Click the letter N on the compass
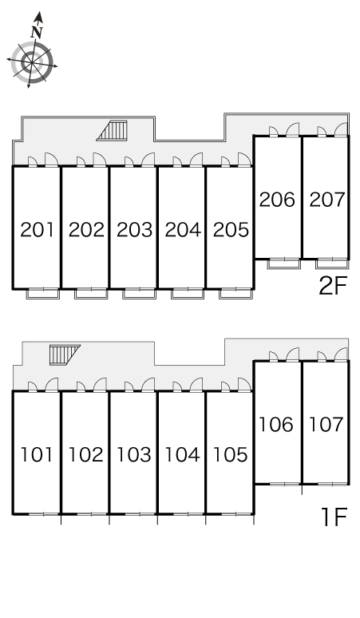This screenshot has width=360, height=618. click(x=37, y=31)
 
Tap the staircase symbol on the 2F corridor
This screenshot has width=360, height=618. click(x=113, y=130)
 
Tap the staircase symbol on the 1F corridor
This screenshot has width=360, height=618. click(x=64, y=355)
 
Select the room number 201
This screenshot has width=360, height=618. click(x=37, y=230)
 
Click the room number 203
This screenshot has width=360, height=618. click(x=134, y=230)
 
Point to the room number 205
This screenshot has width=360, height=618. click(x=231, y=230)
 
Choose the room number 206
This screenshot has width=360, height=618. click(x=277, y=200)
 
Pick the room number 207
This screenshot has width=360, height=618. click(x=327, y=200)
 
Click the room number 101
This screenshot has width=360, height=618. click(x=36, y=454)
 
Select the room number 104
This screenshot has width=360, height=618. click(x=182, y=454)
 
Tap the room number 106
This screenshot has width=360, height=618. click(x=276, y=425)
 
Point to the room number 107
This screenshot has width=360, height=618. click(x=326, y=425)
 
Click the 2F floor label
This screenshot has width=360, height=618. click(x=332, y=286)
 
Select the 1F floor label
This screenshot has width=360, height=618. click(x=334, y=517)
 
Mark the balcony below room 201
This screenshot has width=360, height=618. click(x=43, y=294)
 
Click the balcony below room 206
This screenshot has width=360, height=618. click(x=283, y=263)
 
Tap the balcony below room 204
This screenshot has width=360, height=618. click(x=188, y=294)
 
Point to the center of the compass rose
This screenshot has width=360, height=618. click(x=31, y=62)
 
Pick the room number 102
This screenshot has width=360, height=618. click(x=85, y=454)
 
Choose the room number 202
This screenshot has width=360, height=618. click(x=86, y=230)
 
